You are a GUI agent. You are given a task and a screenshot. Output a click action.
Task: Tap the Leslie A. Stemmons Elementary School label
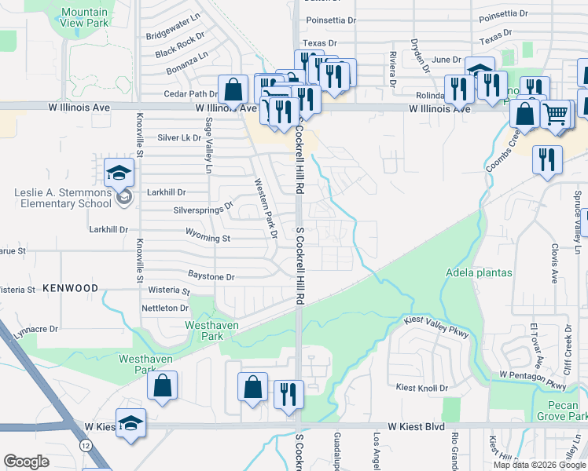[x=63, y=198]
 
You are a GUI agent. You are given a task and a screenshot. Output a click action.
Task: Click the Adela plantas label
[x=479, y=273]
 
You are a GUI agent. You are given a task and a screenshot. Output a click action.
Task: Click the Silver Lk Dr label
[x=180, y=137]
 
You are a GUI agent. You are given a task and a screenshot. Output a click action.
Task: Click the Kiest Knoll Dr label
[x=421, y=388]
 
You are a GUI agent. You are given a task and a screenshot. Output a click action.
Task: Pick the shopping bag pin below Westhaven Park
[x=162, y=386]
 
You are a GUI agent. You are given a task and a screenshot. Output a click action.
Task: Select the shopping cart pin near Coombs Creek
[x=556, y=115]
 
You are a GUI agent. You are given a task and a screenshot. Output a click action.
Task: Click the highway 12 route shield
[x=83, y=445]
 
